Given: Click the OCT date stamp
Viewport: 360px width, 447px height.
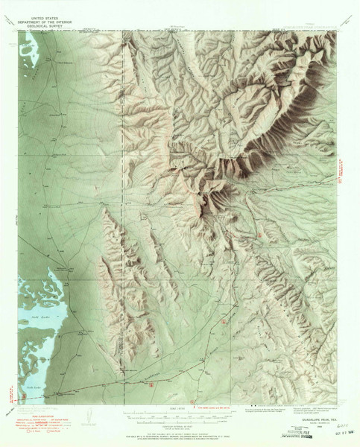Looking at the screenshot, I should tap(343, 431).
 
